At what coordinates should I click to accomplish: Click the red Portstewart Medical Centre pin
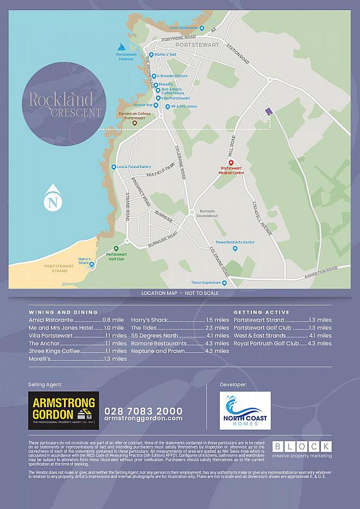[x=231, y=162]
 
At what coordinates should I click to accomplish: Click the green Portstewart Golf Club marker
[x=117, y=248]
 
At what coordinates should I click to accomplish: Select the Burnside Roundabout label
[x=206, y=213]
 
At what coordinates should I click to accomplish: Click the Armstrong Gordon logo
[x=63, y=410]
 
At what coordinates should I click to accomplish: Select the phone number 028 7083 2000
[x=143, y=411]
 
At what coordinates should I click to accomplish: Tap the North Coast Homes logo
[x=245, y=410]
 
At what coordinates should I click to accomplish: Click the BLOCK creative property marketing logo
[x=302, y=449]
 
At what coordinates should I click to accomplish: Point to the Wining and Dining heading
[x=63, y=312]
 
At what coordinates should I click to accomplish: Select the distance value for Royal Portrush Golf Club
[x=320, y=343]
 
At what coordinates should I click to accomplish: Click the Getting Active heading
[x=262, y=312]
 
